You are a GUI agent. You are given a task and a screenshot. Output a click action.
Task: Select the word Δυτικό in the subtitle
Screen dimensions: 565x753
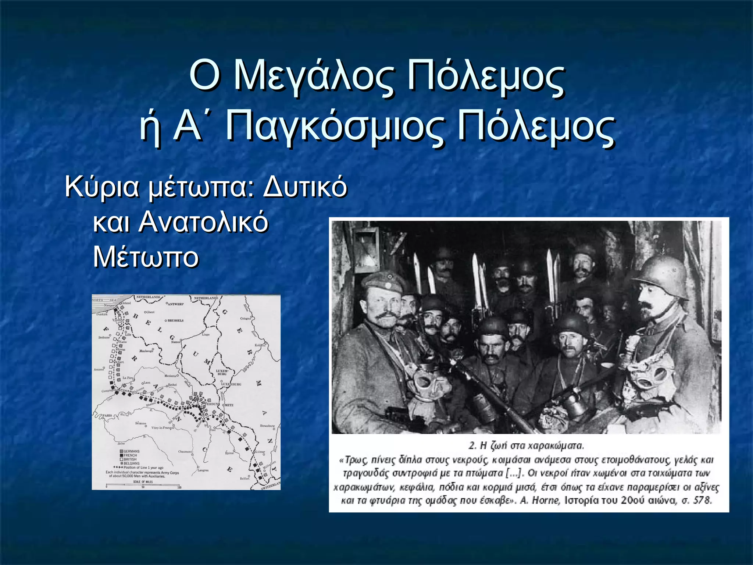[305, 186]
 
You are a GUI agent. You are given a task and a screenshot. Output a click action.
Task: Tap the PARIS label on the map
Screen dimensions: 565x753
[107, 415]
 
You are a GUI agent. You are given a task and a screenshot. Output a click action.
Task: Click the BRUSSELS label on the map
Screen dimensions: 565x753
[175, 320]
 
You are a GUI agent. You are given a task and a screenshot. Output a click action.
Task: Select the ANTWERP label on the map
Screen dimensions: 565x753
[175, 304]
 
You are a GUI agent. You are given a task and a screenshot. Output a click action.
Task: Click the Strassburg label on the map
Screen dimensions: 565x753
[267, 426]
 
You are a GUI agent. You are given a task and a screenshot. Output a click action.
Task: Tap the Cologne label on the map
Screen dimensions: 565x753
[245, 318]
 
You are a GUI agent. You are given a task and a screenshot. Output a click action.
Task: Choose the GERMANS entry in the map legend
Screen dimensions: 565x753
[131, 451]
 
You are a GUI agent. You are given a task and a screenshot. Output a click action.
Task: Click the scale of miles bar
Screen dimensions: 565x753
[143, 486]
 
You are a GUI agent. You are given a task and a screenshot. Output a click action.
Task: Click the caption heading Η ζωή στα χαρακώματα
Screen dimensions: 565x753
[526, 446]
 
